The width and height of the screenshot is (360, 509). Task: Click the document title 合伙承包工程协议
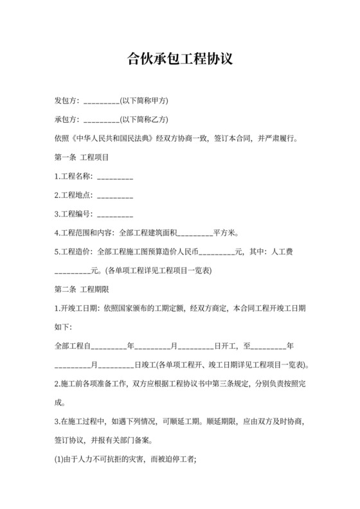pos(179,59)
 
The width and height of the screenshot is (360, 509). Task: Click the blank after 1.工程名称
pos(115,176)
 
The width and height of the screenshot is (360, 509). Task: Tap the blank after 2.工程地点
pos(115,195)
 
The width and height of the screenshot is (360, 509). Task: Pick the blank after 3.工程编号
pos(115,213)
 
